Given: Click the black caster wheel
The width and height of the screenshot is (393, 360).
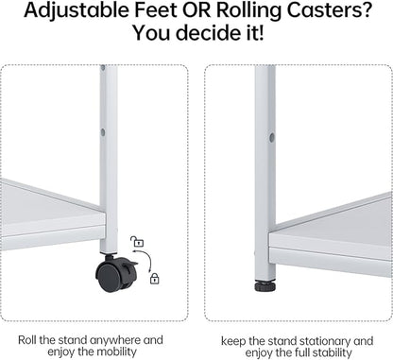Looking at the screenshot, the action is coord(116,273).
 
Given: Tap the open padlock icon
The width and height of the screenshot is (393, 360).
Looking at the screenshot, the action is coord(137,241).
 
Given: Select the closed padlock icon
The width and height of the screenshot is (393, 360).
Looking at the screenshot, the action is coord(154,278).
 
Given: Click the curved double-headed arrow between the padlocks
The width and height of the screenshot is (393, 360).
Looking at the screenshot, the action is coord(145,259).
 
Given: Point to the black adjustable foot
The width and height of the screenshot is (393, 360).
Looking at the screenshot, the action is coord(265,286).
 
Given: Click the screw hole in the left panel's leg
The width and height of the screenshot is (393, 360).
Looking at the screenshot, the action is coord(103,132).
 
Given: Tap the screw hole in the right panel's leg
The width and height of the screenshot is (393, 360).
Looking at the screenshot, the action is coord(272,137).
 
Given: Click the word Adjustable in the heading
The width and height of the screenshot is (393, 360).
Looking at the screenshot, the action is coord(77,10).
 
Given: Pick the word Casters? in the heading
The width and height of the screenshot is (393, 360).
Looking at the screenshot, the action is coord(329,10).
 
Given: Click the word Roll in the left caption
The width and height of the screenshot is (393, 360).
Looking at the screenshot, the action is coord(27,340).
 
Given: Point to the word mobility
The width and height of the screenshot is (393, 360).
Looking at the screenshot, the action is coord(116,351).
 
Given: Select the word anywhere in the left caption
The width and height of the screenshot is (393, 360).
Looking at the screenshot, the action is coord(115,340).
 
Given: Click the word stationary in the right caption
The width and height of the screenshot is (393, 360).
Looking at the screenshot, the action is coord(324,341).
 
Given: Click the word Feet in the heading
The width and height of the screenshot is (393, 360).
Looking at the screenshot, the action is coord(156,9).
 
